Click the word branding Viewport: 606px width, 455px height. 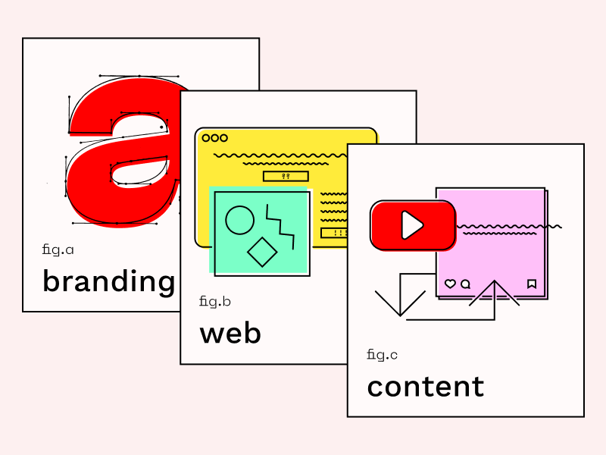tap(108, 282)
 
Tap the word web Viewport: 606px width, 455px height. tap(230, 334)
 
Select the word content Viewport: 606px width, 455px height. tap(426, 387)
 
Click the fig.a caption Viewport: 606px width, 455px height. tap(58, 249)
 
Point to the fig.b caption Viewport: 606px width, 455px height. tap(215, 301)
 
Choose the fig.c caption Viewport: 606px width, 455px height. tap(382, 355)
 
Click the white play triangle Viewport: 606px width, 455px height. tap(412, 225)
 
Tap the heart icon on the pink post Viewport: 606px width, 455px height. tap(450, 284)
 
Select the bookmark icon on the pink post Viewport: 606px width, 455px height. tap(532, 284)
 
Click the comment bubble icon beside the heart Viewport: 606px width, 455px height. tap(466, 284)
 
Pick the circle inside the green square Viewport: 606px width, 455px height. tap(240, 220)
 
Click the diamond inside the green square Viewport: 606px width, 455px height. tap(262, 252)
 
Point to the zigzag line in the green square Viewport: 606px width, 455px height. tap(280, 227)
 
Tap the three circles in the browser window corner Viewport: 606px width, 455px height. tap(215, 138)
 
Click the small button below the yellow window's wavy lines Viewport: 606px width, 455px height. tap(286, 177)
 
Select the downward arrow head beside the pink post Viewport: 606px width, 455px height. tap(400, 303)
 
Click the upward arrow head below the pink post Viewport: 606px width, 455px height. tap(495, 293)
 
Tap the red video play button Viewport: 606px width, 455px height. tap(413, 225)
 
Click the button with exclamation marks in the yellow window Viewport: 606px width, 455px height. tap(335, 233)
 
